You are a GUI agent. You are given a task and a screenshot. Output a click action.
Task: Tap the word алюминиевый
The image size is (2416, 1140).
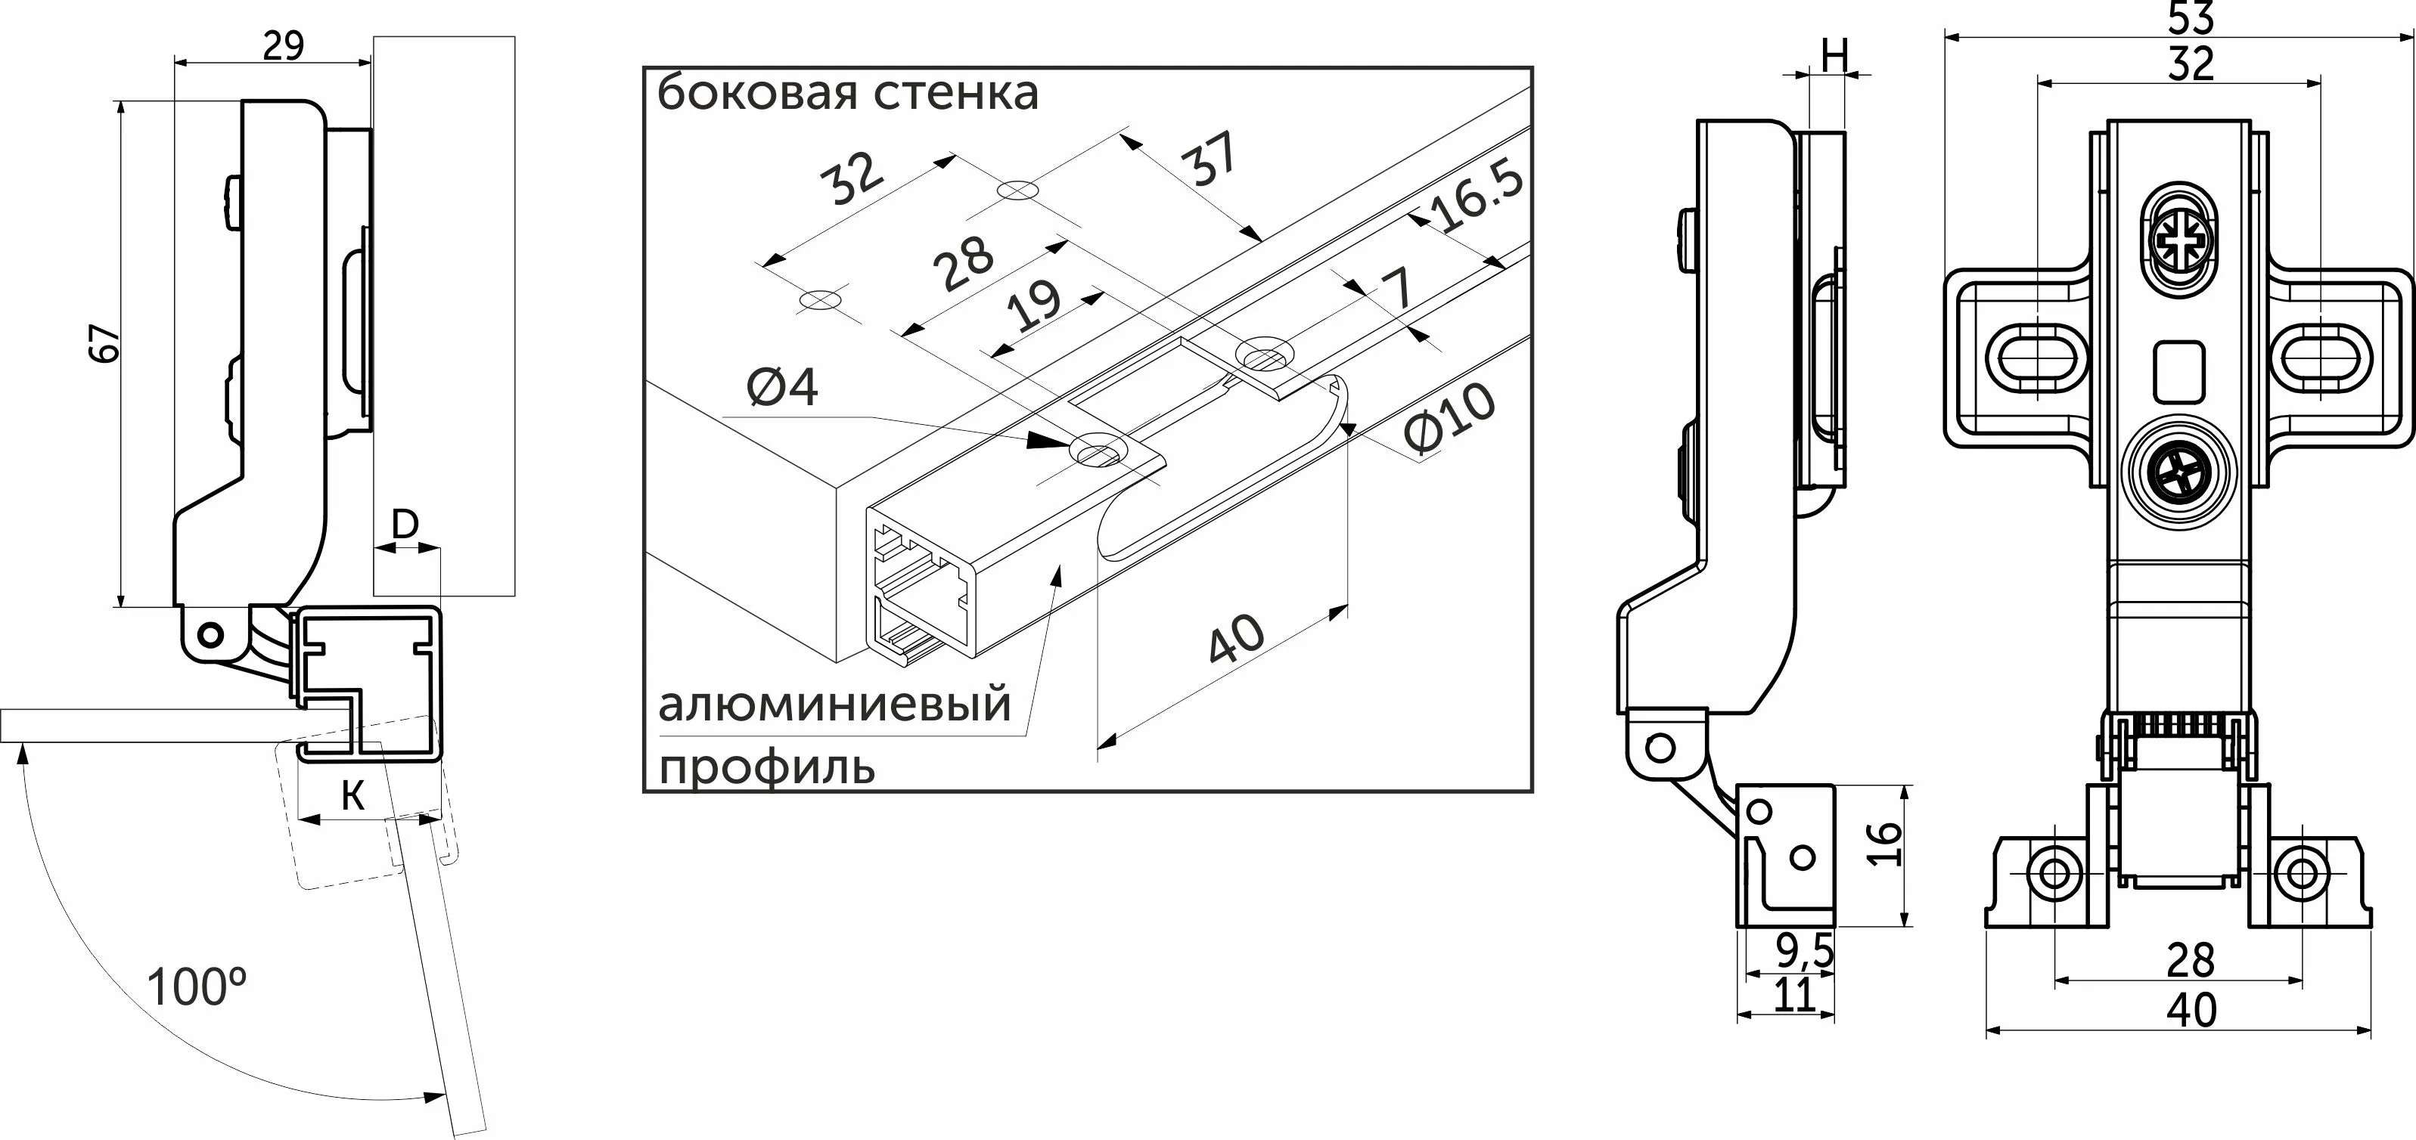835,704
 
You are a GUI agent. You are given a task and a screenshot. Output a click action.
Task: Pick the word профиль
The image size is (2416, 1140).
767,767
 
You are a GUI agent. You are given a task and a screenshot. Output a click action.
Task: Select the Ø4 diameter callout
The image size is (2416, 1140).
782,387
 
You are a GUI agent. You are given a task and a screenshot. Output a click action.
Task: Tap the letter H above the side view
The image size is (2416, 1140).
1834,58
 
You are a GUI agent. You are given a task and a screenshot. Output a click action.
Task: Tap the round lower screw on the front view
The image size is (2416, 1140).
2181,480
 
